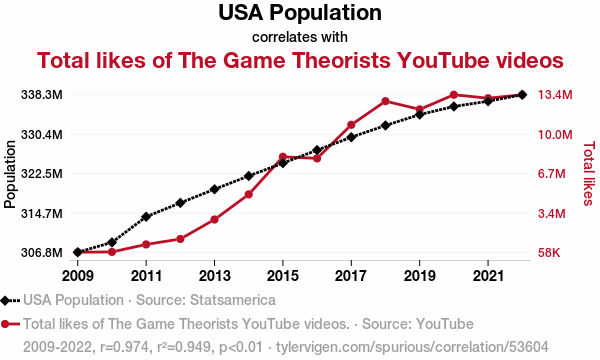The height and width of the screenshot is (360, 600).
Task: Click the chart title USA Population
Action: pyautogui.click(x=300, y=12)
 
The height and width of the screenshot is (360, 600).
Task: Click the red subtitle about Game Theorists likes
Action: pyautogui.click(x=300, y=60)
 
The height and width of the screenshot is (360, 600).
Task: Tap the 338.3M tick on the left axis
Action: pyautogui.click(x=42, y=94)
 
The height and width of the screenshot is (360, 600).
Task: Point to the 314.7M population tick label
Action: pyautogui.click(x=42, y=213)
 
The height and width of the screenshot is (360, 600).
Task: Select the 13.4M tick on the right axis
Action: pyautogui.click(x=555, y=94)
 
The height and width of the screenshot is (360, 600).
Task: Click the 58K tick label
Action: pyautogui.click(x=549, y=252)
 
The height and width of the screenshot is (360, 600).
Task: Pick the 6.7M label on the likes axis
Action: pyautogui.click(x=552, y=174)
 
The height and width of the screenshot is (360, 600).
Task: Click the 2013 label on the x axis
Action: pyautogui.click(x=214, y=275)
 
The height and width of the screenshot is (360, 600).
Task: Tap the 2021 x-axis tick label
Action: pyautogui.click(x=488, y=275)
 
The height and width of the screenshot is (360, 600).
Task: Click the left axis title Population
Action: pyautogui.click(x=10, y=174)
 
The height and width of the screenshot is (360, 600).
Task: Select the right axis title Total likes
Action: pyautogui.click(x=589, y=173)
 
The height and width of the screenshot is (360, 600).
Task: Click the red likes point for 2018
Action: pyautogui.click(x=385, y=101)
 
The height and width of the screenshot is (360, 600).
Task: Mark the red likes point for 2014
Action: pyautogui.click(x=249, y=194)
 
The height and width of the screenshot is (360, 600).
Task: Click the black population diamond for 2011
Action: pyautogui.click(x=146, y=217)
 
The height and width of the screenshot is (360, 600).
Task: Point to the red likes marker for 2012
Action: pyautogui.click(x=180, y=239)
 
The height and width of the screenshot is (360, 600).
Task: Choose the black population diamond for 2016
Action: pyautogui.click(x=317, y=150)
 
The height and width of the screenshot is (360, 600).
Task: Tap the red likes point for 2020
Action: pyautogui.click(x=454, y=95)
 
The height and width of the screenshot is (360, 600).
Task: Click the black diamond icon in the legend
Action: pyautogui.click(x=5, y=301)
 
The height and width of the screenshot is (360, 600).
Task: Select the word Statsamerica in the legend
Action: pyautogui.click(x=233, y=300)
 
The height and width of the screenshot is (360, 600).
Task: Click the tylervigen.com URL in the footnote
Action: pyautogui.click(x=412, y=347)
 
